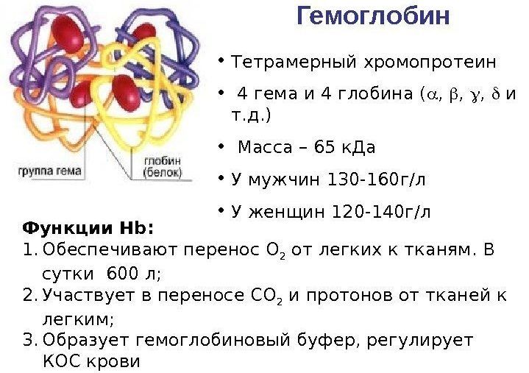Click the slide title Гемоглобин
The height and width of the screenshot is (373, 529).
[373, 16]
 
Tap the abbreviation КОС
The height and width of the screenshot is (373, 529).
[60, 362]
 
